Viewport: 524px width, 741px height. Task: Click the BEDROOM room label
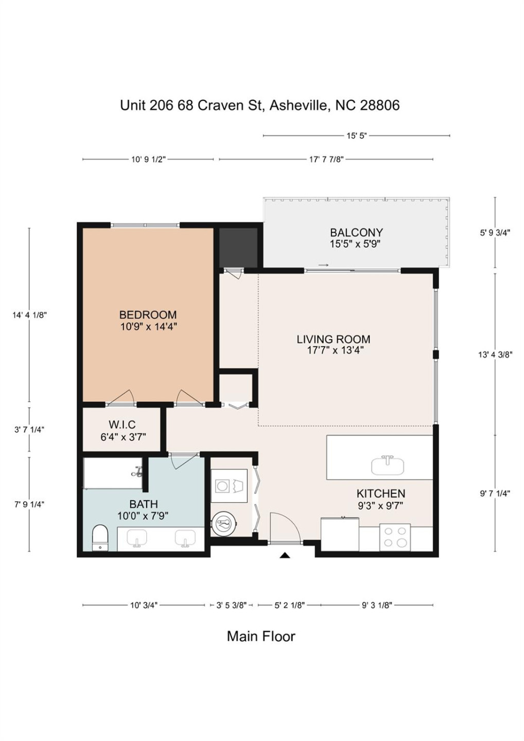148,314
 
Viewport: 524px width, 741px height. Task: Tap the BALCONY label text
356,233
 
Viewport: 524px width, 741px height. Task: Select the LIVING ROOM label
333,339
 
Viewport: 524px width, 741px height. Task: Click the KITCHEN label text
380,493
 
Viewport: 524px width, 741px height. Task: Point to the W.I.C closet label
122,425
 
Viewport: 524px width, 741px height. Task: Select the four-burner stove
395,537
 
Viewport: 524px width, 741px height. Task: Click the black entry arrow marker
285,555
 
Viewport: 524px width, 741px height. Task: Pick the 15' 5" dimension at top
356,136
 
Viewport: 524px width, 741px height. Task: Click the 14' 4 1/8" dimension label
29,315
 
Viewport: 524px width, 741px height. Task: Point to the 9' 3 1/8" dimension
377,605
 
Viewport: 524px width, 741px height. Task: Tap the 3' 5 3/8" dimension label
231,605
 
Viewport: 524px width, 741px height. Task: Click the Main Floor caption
261,636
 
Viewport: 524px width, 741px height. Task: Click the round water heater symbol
224,524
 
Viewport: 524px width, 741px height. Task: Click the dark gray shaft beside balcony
238,246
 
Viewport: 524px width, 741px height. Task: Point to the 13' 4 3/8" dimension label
495,354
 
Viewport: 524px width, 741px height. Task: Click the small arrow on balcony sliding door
323,265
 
